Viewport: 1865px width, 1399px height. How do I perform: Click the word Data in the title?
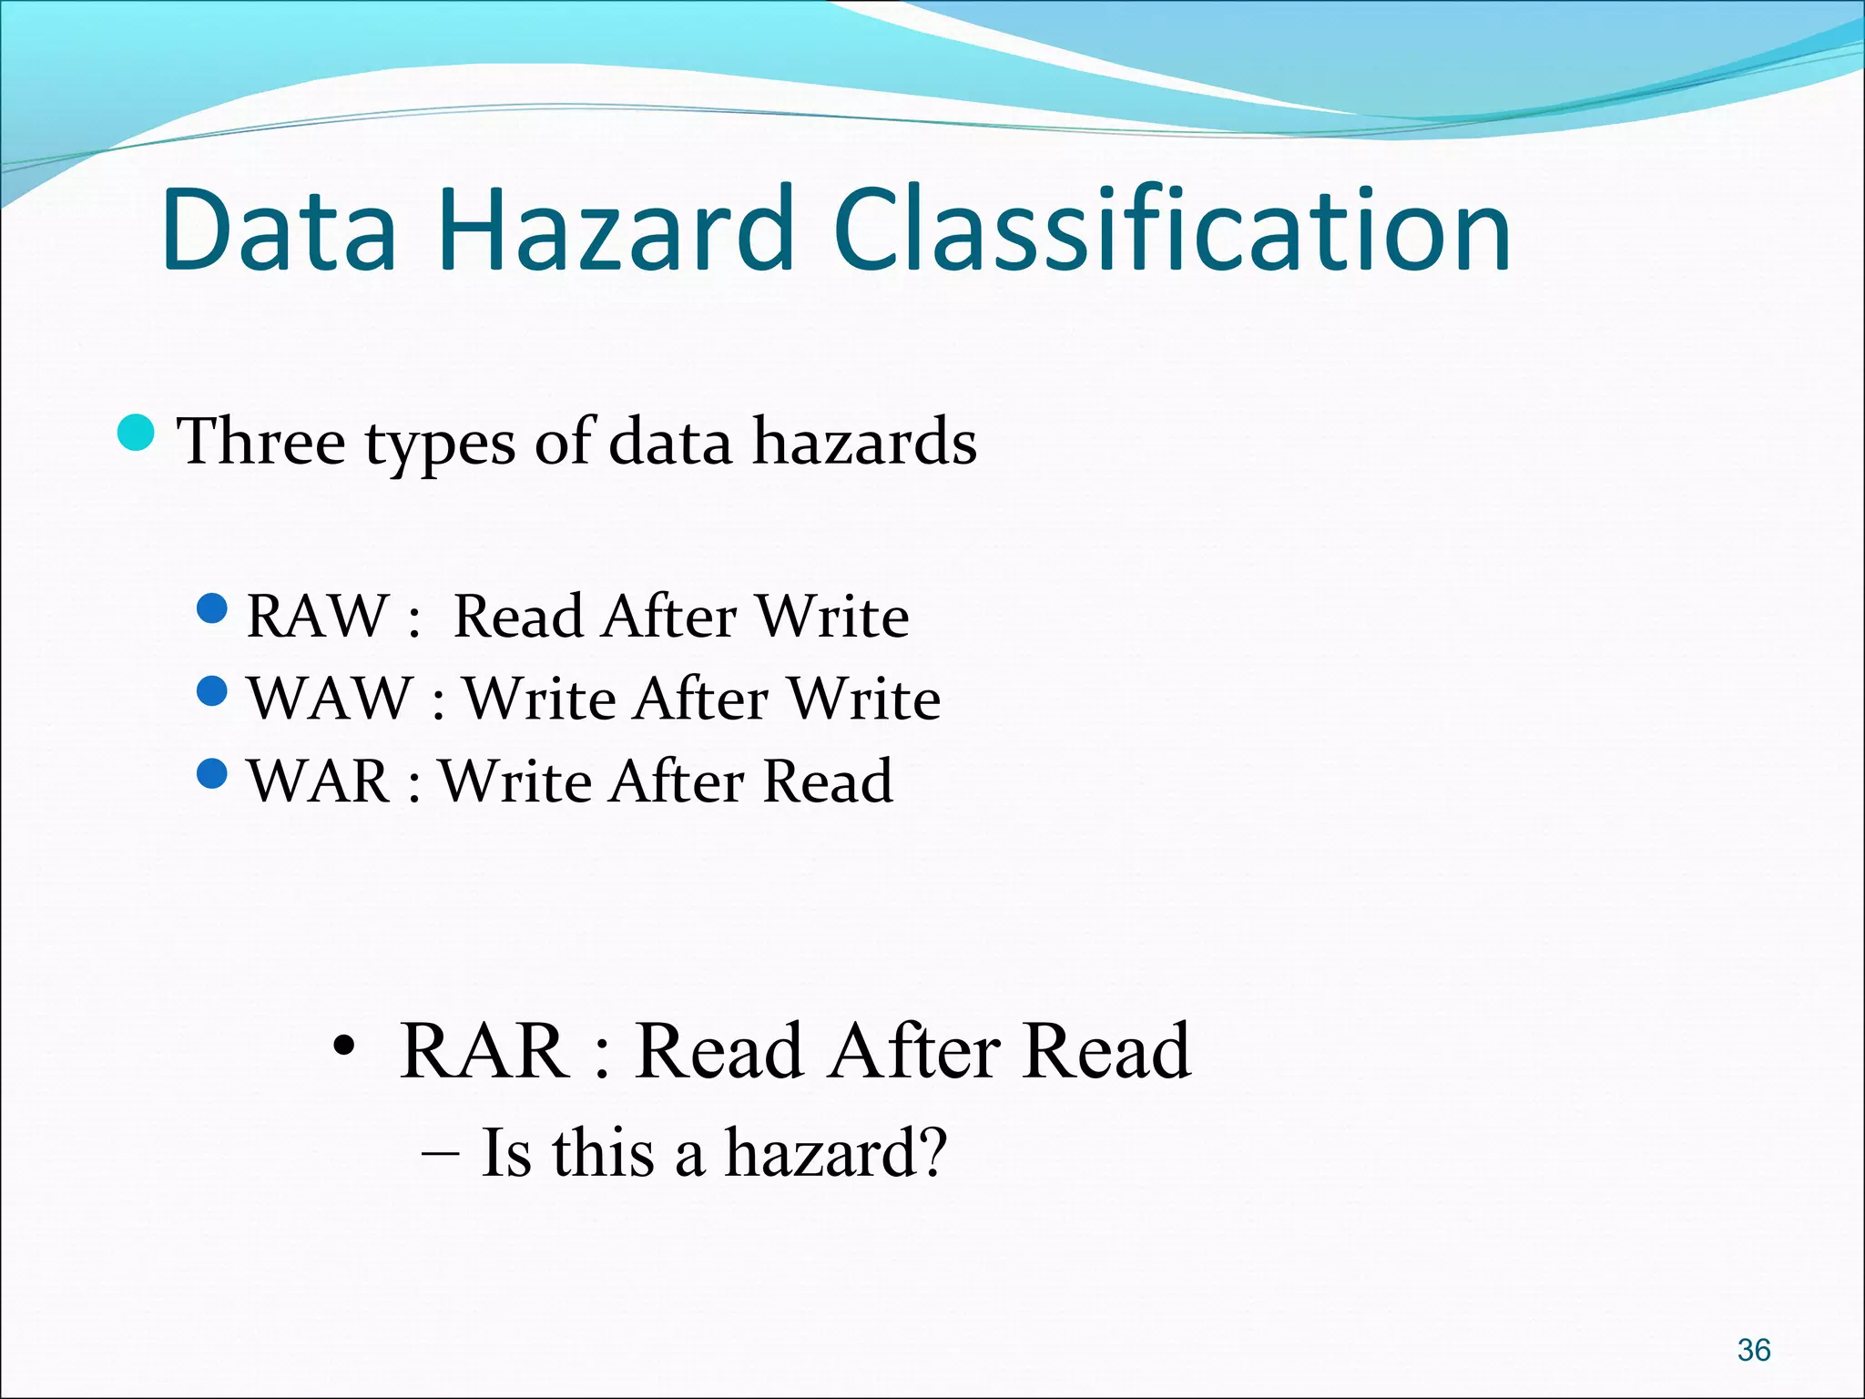click(x=279, y=230)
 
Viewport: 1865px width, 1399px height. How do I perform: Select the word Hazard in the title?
click(x=616, y=230)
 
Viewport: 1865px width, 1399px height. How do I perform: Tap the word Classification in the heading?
click(x=1171, y=230)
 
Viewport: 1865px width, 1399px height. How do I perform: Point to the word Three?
click(x=261, y=442)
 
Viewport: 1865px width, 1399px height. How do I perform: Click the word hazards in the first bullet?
click(x=864, y=442)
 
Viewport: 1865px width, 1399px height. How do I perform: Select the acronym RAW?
click(x=317, y=617)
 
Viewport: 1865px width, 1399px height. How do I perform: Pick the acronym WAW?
click(x=330, y=699)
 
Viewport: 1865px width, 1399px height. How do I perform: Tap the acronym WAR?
click(x=319, y=781)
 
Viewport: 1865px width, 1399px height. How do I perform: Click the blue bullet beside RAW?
click(x=211, y=608)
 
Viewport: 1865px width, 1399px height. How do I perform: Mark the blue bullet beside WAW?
click(x=211, y=691)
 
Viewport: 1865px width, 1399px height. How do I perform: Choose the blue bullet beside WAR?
click(x=211, y=774)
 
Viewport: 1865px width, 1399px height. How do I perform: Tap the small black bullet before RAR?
click(x=342, y=1047)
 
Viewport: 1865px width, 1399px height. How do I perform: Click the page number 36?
click(x=1753, y=1349)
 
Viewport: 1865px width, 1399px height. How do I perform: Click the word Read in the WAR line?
click(x=827, y=781)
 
